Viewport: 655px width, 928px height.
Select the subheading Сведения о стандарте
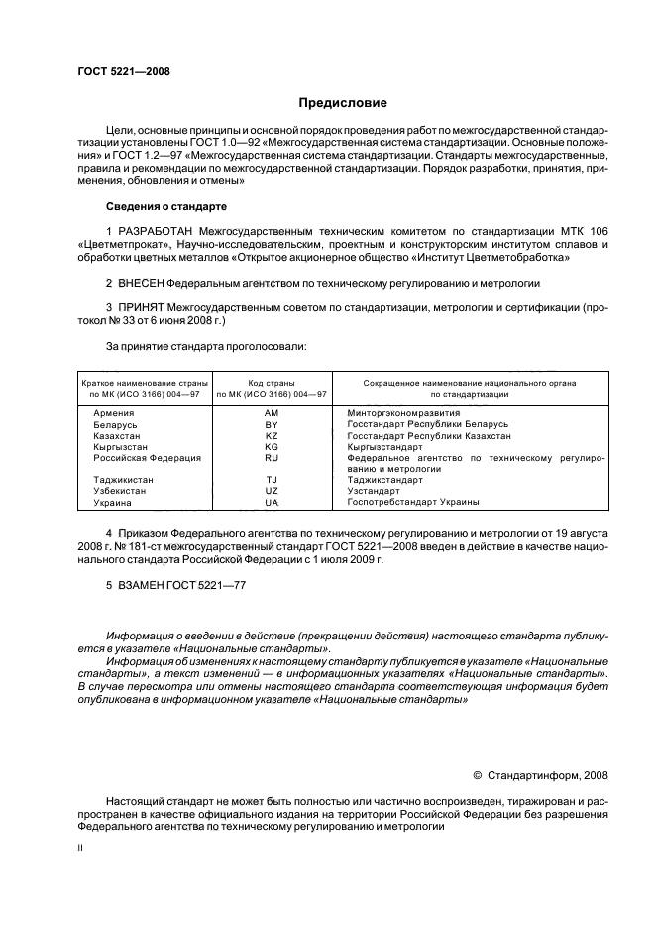[166, 206]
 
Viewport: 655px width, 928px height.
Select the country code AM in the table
[272, 411]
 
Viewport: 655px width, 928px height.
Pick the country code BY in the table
[272, 423]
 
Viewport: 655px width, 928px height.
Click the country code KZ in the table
[272, 435]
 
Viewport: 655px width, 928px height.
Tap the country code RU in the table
[272, 458]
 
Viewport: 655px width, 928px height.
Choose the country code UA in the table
[272, 502]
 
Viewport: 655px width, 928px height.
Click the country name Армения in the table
[113, 411]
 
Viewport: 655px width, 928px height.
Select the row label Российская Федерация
[147, 458]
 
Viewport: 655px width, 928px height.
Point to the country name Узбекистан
[121, 491]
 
